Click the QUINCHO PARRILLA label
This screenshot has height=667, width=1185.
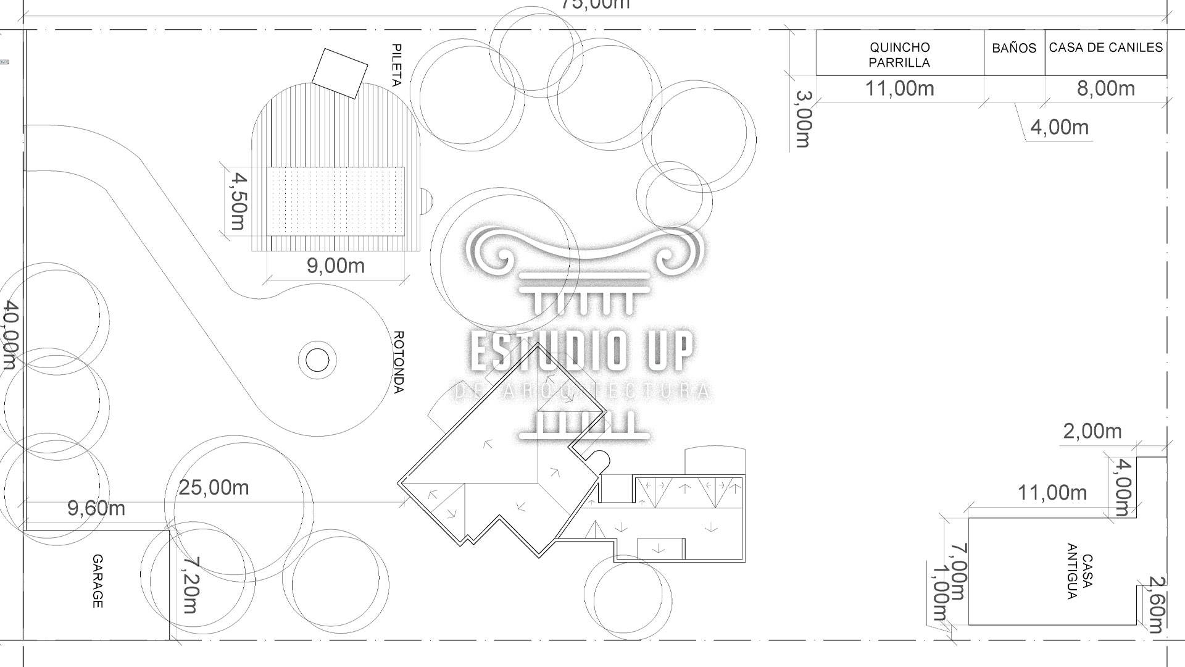[x=899, y=54]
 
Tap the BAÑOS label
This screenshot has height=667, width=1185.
[x=1014, y=48]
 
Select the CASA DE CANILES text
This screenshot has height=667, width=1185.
[x=1105, y=48]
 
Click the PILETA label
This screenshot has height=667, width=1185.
[x=397, y=65]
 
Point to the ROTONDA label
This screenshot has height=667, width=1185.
[x=399, y=362]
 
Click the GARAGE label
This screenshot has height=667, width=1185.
[x=98, y=581]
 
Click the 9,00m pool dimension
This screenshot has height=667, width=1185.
[x=335, y=266]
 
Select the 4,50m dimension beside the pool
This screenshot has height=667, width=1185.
[x=238, y=201]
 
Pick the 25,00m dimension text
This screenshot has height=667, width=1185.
[x=214, y=487]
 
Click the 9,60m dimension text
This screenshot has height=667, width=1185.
[x=96, y=508]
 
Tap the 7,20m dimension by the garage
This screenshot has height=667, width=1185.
[x=190, y=585]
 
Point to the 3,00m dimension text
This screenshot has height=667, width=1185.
[x=803, y=119]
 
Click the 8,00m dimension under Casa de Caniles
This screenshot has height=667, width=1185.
[x=1105, y=88]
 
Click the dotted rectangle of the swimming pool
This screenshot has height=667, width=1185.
[x=335, y=201]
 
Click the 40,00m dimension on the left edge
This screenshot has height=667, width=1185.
[x=9, y=335]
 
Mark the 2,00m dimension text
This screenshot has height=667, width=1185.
[x=1092, y=431]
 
